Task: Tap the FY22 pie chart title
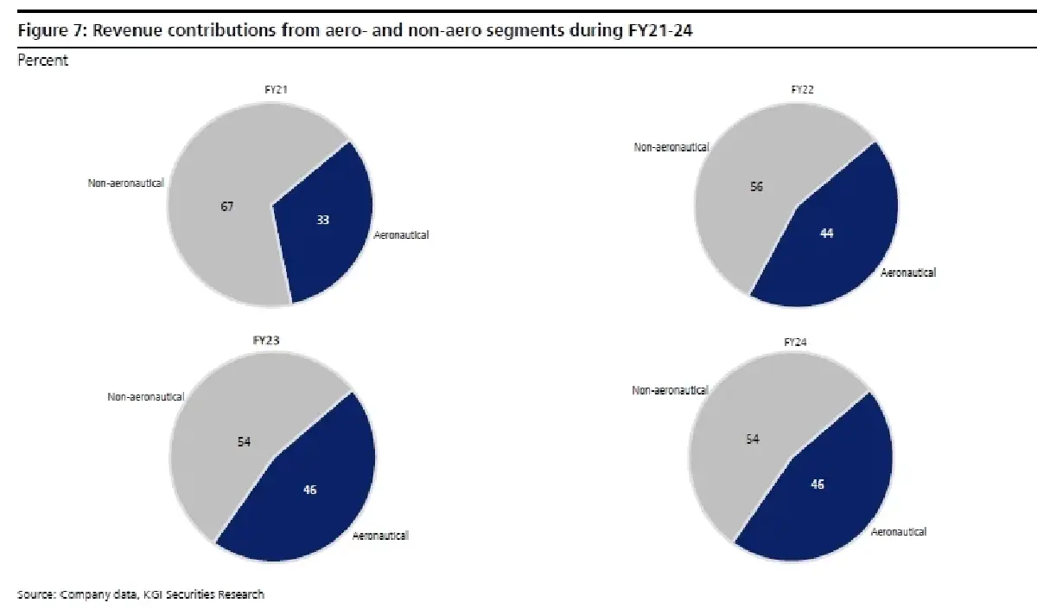click(803, 89)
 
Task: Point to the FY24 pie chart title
click(797, 343)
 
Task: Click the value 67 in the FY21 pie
click(227, 206)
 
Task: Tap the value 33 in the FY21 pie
click(321, 220)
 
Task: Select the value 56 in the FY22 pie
click(756, 186)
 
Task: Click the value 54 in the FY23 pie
click(245, 441)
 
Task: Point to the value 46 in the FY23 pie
click(310, 490)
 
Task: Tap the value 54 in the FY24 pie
click(753, 439)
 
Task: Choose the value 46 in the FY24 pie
click(817, 484)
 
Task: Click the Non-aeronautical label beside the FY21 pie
click(126, 183)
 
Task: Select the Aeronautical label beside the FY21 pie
click(401, 234)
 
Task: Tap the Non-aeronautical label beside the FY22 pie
click(671, 147)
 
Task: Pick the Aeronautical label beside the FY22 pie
click(907, 273)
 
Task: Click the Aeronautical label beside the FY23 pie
click(380, 536)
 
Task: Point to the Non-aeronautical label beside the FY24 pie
click(670, 390)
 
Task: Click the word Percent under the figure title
click(42, 61)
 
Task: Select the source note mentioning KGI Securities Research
click(141, 594)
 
